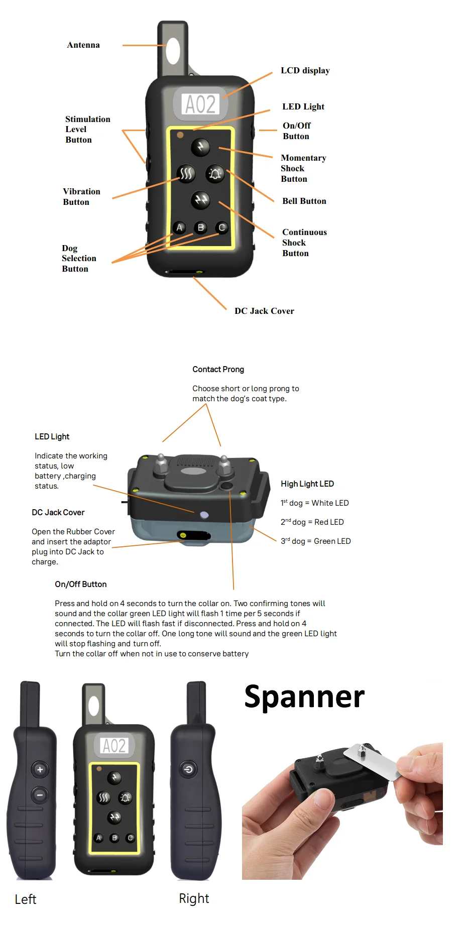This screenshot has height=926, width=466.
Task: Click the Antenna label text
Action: [83, 45]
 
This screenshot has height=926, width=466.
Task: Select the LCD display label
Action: [305, 71]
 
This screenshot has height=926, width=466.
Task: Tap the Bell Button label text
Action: [304, 201]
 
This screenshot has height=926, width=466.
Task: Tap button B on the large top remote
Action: [201, 227]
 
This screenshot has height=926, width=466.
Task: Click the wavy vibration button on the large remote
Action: [186, 174]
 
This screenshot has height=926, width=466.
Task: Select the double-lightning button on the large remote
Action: [201, 200]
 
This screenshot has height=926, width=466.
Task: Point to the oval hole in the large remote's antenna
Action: [173, 50]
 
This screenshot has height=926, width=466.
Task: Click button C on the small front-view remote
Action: [131, 838]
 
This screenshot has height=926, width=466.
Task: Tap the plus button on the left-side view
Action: [40, 769]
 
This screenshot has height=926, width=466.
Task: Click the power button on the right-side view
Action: [189, 769]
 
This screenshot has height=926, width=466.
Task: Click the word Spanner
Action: [304, 697]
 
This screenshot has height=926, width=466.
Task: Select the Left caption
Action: [26, 899]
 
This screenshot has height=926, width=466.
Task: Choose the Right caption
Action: [194, 898]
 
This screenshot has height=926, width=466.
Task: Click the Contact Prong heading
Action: [218, 370]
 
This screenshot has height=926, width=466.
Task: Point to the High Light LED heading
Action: [307, 484]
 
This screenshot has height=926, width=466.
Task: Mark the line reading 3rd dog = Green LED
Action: [315, 541]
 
